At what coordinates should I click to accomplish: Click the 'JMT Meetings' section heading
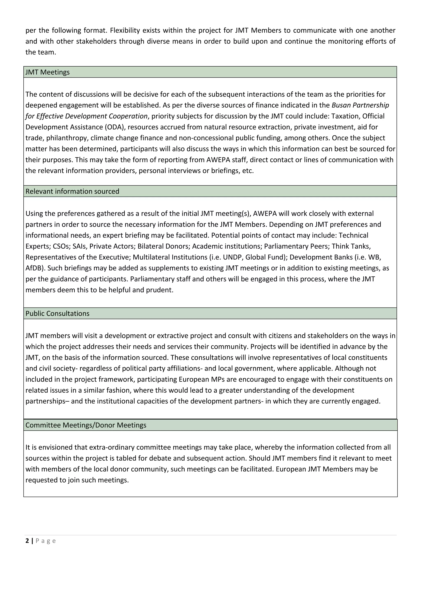(47, 72)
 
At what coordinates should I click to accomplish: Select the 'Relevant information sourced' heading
(72, 191)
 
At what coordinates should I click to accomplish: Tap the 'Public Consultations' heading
(57, 313)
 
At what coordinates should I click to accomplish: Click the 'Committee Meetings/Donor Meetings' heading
(86, 425)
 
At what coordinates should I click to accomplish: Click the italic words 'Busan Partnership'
(360, 105)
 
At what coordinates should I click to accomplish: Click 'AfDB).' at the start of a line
(36, 268)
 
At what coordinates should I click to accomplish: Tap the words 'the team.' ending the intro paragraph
(41, 52)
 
